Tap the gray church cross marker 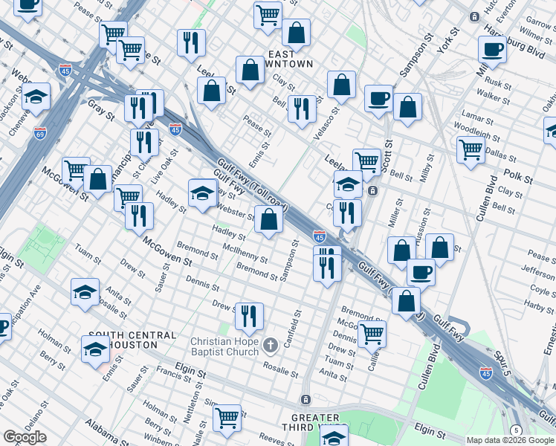pos(271,343)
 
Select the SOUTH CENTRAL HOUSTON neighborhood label pos(123,340)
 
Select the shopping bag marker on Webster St pos(268,220)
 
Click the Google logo pos(25,437)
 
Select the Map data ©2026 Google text pos(510,440)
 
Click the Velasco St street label pos(330,116)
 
